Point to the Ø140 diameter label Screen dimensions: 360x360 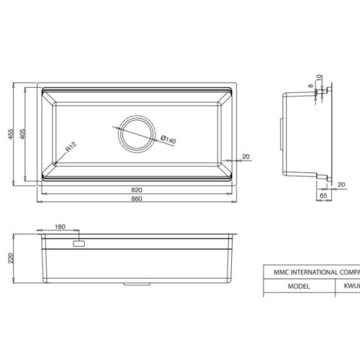168,139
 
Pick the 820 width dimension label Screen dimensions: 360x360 137,189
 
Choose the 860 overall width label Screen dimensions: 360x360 137,199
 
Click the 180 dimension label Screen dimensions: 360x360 60,227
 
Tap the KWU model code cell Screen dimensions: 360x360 348,284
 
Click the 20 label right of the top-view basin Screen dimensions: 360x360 246,156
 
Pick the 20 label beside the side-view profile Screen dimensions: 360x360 341,184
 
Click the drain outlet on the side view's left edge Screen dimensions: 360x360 280,124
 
